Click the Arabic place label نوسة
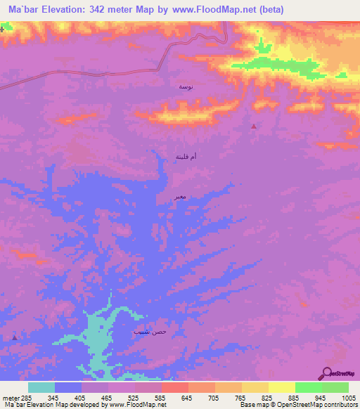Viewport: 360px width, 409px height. [x=185, y=86]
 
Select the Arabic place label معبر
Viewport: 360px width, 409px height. [x=181, y=197]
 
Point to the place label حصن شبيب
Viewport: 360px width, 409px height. [x=150, y=330]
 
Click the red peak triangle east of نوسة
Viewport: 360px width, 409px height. [x=254, y=126]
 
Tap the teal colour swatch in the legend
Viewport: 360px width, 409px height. [x=41, y=387]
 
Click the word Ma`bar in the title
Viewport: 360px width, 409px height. [x=29, y=9]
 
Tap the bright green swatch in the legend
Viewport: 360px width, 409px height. [x=308, y=387]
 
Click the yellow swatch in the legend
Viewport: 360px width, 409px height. [x=281, y=387]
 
